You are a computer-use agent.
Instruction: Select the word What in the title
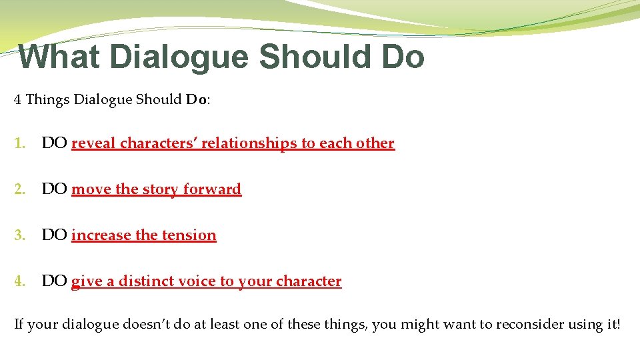click(59, 57)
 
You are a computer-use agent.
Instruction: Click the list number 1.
click(19, 143)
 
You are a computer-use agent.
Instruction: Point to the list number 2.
click(19, 189)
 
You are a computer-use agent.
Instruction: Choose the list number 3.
click(19, 235)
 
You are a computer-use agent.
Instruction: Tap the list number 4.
click(19, 281)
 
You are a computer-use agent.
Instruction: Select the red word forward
click(212, 189)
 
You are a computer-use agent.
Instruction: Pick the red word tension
click(189, 235)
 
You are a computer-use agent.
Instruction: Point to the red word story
click(161, 189)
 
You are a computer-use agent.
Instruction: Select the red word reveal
click(93, 143)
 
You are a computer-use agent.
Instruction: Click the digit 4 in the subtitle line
click(18, 100)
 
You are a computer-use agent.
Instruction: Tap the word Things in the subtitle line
click(48, 100)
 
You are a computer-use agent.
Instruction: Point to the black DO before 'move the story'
click(53, 189)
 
